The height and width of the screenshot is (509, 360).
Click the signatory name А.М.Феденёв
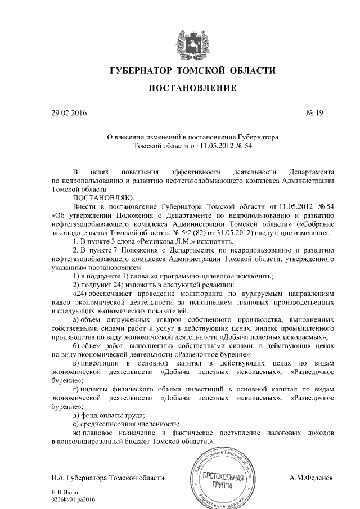(x=311, y=478)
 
